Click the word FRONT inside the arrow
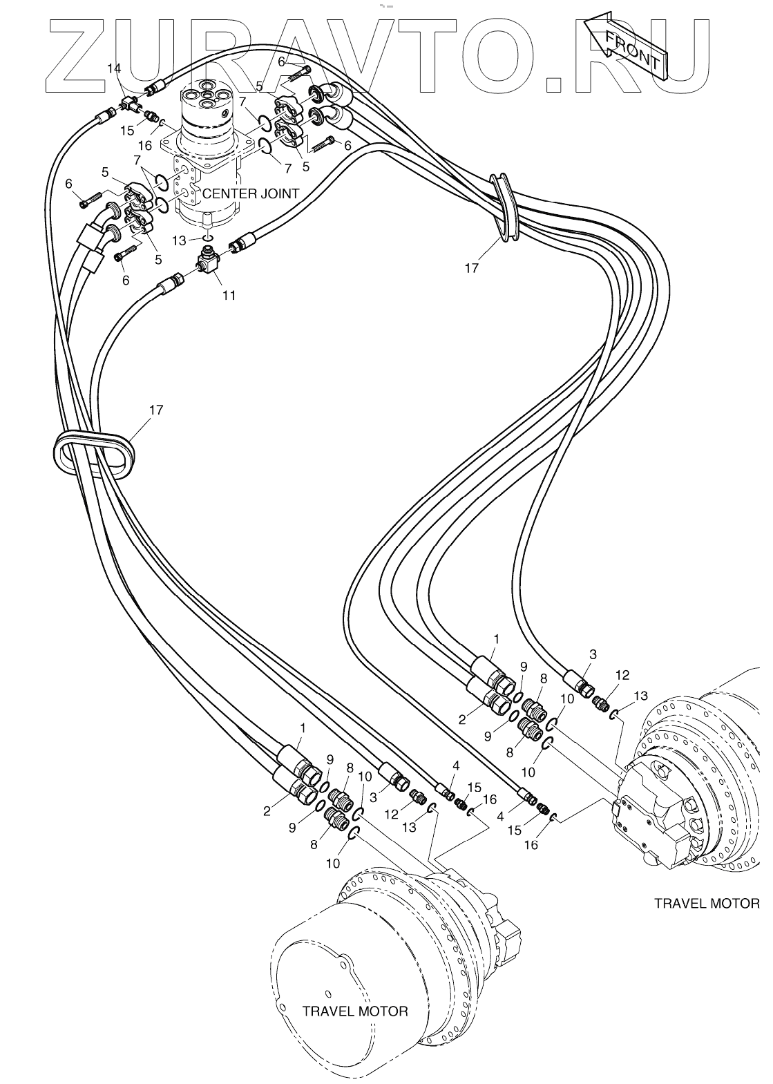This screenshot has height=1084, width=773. [x=631, y=51]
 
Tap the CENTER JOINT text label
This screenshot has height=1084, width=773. [x=250, y=193]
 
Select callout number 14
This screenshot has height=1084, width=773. [x=114, y=68]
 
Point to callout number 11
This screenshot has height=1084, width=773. [x=229, y=295]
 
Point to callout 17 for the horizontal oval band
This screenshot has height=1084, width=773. [x=156, y=410]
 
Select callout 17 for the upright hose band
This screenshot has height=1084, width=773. [x=471, y=267]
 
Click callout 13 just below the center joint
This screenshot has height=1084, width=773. [x=179, y=240]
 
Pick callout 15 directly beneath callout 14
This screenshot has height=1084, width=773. [x=127, y=131]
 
